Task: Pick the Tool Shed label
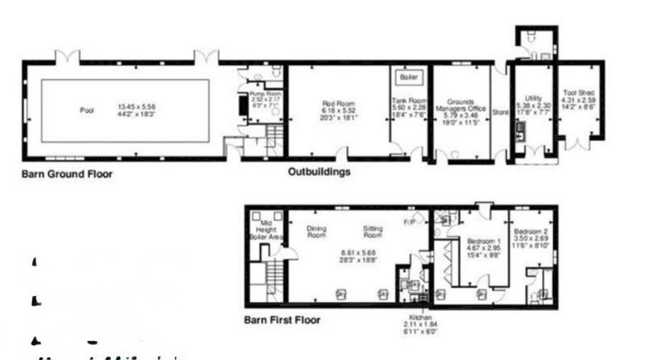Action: pos(578,93)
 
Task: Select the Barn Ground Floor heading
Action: pos(66,174)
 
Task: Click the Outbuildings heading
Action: pos(318,171)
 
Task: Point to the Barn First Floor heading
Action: pos(282,320)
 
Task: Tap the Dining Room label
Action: pos(316,232)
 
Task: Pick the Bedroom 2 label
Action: pos(529,232)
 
